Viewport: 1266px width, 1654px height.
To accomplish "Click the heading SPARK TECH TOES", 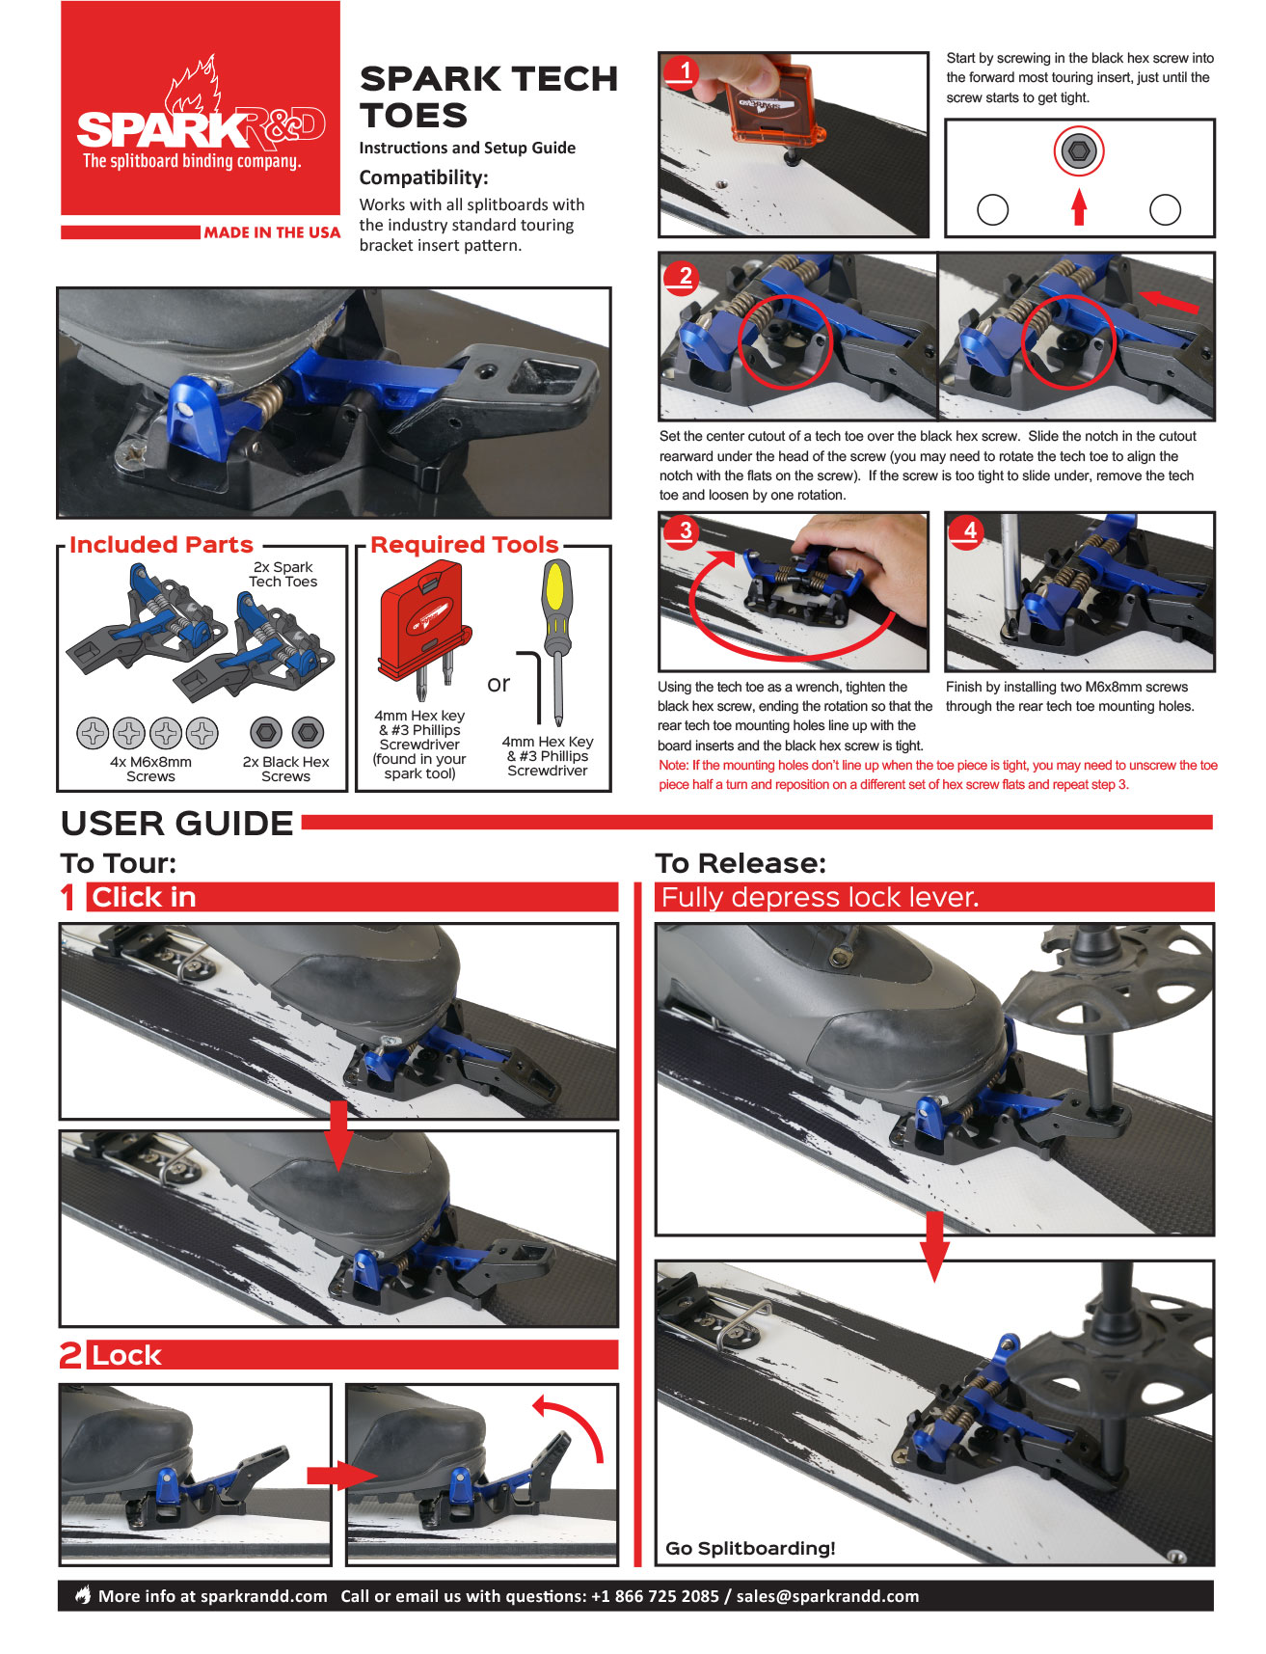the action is click(488, 96).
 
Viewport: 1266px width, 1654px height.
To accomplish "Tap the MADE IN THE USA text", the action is click(272, 232).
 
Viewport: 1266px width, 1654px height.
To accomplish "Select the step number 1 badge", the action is click(685, 70).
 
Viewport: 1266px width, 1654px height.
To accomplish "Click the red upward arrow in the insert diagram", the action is click(1079, 206).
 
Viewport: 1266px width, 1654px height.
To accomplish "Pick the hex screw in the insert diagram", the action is click(1079, 151).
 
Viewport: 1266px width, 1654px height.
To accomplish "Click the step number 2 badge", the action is click(685, 277).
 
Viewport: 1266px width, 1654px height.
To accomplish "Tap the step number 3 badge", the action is click(685, 530).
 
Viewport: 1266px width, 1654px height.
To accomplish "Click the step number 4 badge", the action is click(969, 530).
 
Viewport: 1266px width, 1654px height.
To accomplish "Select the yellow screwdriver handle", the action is click(556, 590).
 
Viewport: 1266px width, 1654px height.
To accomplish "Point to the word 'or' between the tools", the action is click(498, 684).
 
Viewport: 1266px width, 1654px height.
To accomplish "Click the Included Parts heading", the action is click(161, 545).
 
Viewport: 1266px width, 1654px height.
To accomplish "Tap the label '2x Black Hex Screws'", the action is click(286, 769).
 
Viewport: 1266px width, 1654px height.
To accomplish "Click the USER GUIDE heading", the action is click(177, 824).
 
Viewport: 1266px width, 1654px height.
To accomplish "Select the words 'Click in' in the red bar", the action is click(144, 898).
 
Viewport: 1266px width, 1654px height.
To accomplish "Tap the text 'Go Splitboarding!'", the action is click(750, 1548).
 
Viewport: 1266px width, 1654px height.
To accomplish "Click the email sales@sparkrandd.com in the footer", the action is click(827, 1596).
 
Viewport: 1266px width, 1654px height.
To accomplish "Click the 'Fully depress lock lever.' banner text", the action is click(820, 898).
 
